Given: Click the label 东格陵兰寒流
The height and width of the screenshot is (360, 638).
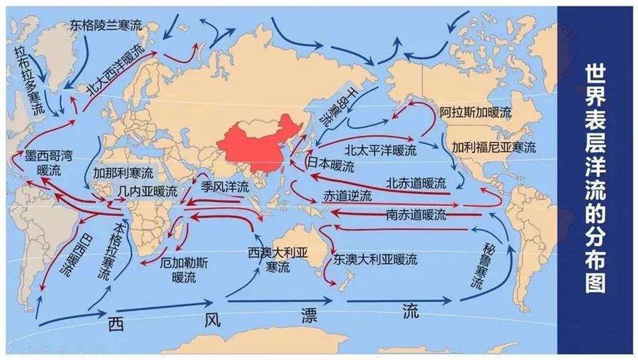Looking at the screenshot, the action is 106,25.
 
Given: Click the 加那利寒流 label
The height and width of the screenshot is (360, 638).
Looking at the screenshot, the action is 123,172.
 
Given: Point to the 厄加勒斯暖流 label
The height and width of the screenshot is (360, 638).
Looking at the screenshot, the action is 184,269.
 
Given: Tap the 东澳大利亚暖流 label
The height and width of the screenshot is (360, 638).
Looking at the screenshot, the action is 375,260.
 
